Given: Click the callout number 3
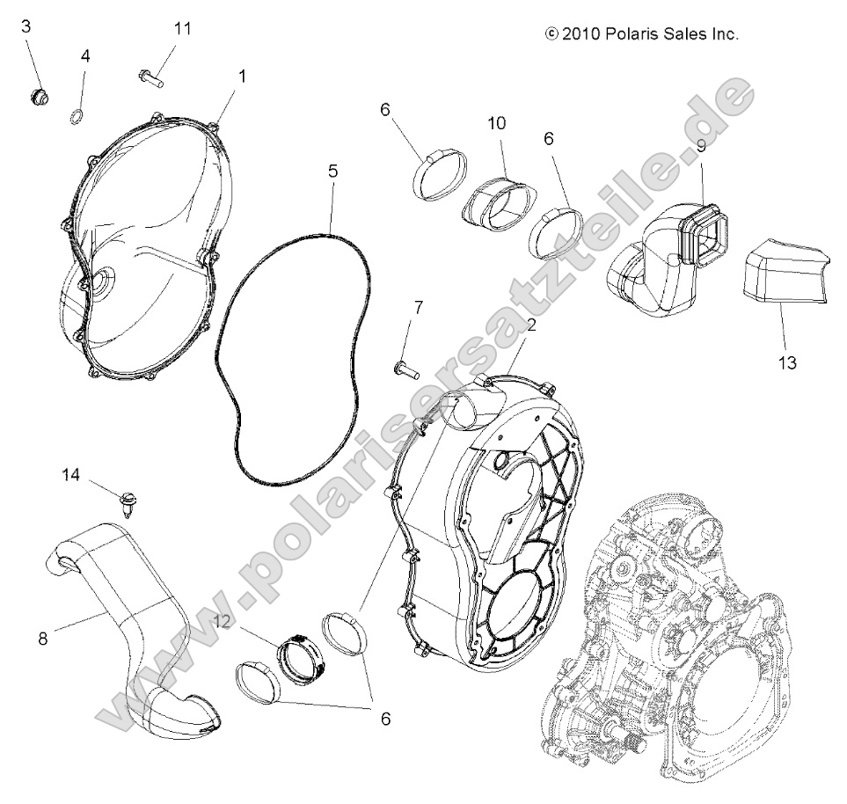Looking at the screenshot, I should (26, 26).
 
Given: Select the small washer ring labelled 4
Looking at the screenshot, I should (77, 116).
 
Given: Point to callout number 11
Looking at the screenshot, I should (182, 28).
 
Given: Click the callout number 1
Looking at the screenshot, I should (242, 77).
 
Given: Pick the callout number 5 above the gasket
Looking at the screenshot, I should (332, 172).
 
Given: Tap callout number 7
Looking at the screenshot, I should (418, 307).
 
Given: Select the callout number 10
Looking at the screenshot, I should (497, 123).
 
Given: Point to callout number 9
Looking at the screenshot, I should (701, 147).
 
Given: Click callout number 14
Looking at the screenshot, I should (71, 476).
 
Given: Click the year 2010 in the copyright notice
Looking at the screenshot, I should (580, 34).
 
